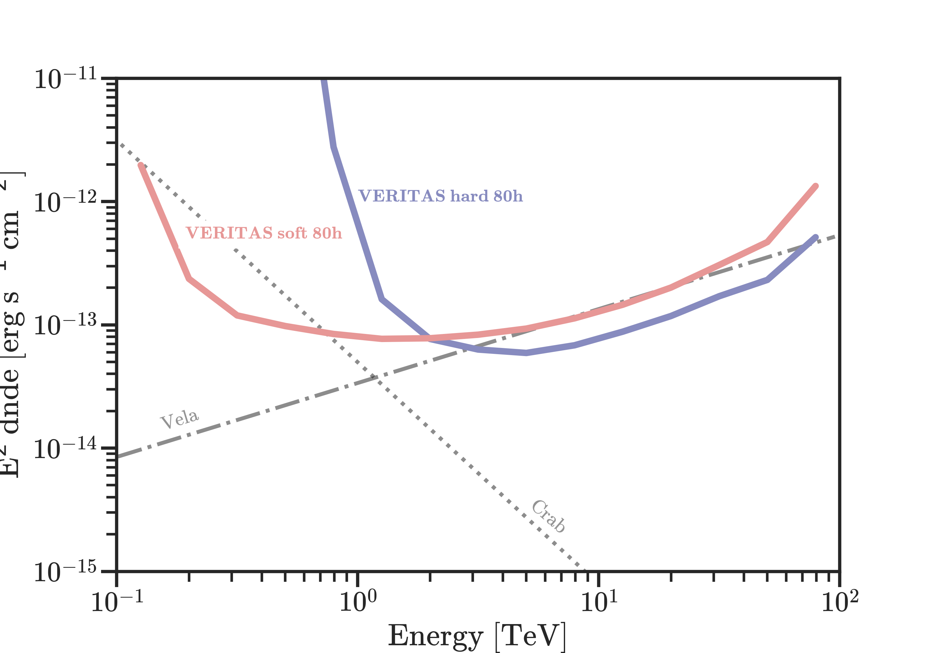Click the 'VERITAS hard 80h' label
click(x=440, y=196)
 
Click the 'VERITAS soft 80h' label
click(x=264, y=233)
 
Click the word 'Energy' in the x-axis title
click(x=435, y=636)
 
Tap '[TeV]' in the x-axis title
click(x=530, y=636)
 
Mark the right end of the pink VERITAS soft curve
click(x=815, y=186)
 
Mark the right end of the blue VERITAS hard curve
click(x=815, y=237)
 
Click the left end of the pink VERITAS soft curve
click(x=141, y=165)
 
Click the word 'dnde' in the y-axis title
click(x=12, y=400)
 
